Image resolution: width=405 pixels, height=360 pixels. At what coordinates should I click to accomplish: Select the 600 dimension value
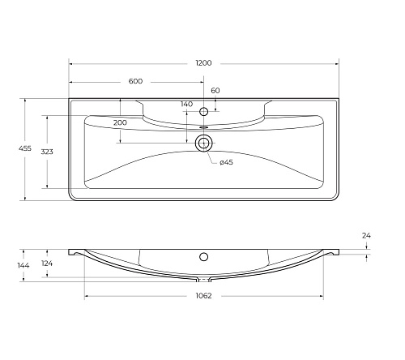pos(135,81)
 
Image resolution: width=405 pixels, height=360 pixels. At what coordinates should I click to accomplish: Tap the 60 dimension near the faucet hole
pos(215,91)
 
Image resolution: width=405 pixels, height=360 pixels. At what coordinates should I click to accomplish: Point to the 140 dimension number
pos(186,105)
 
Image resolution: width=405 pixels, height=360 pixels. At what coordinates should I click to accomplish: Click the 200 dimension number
pos(120,122)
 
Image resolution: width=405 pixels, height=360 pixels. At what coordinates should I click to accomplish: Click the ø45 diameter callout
pos(226,163)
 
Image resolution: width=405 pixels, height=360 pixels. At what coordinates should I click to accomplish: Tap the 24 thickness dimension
pos(366,235)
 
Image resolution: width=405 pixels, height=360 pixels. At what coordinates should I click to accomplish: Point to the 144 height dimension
pos(23,265)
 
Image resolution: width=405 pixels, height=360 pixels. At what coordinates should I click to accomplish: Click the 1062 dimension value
pos(203,296)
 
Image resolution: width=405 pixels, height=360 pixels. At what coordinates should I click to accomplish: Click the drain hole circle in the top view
pos(203,144)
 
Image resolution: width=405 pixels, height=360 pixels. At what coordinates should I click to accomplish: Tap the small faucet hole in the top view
pos(203,111)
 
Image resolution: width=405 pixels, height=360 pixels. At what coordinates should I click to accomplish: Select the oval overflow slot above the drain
pos(203,126)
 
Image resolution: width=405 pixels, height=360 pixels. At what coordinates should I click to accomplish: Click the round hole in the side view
pos(203,257)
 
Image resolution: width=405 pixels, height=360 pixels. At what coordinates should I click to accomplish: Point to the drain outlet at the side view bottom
pos(203,278)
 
